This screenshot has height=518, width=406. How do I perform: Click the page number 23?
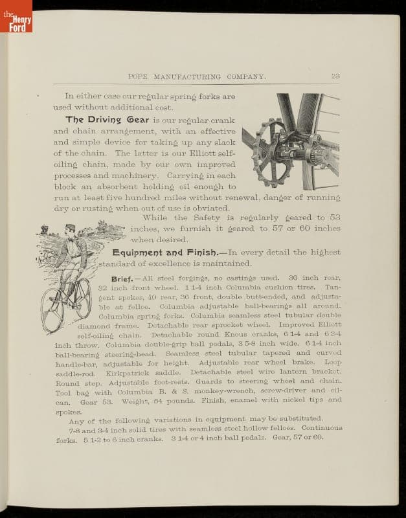coord(335,76)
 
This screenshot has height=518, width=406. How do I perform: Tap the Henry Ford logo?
coord(16,16)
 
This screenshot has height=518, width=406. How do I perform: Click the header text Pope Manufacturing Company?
coord(197,77)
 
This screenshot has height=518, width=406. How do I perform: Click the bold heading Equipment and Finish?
coord(168,253)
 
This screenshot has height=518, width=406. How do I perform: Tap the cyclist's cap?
coord(70,227)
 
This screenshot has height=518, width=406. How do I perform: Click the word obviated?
coord(209,208)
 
